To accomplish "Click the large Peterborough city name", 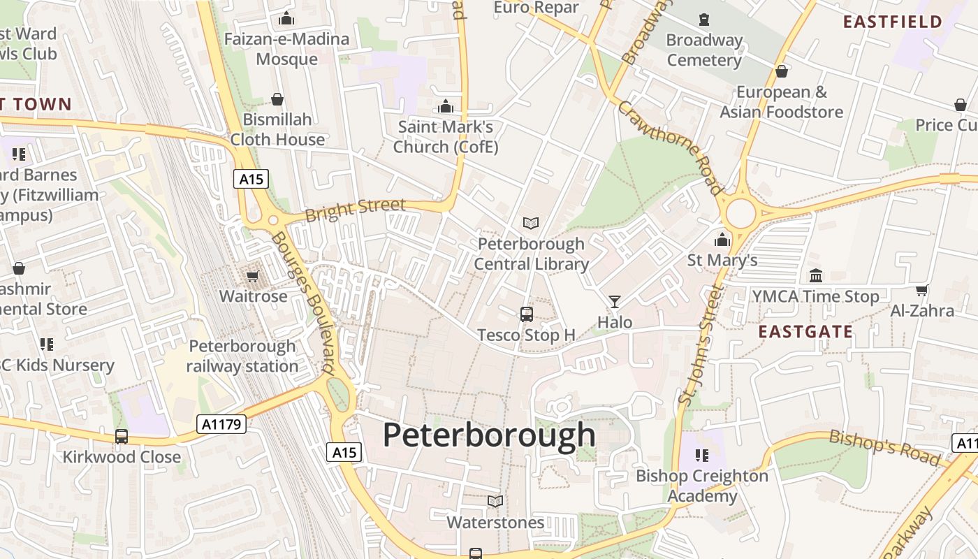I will [489, 435].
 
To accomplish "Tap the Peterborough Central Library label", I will [532, 254].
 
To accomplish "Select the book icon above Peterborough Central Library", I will [531, 223].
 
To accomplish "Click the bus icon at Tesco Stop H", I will [527, 314].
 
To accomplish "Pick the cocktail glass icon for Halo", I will [615, 302].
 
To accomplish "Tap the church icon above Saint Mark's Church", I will [446, 107].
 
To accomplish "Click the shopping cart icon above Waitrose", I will [253, 277].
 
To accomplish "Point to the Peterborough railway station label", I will [242, 356].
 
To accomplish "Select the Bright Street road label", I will [356, 209].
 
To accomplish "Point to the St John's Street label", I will [700, 345].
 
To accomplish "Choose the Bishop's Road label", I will [884, 448].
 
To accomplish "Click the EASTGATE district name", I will [805, 331].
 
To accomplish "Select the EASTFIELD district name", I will [893, 22].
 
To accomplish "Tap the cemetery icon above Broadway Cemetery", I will [703, 20].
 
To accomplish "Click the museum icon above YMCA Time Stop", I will [815, 276].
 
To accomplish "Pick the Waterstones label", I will [495, 523].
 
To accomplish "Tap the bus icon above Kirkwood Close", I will [122, 437].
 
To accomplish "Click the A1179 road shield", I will [221, 424].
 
